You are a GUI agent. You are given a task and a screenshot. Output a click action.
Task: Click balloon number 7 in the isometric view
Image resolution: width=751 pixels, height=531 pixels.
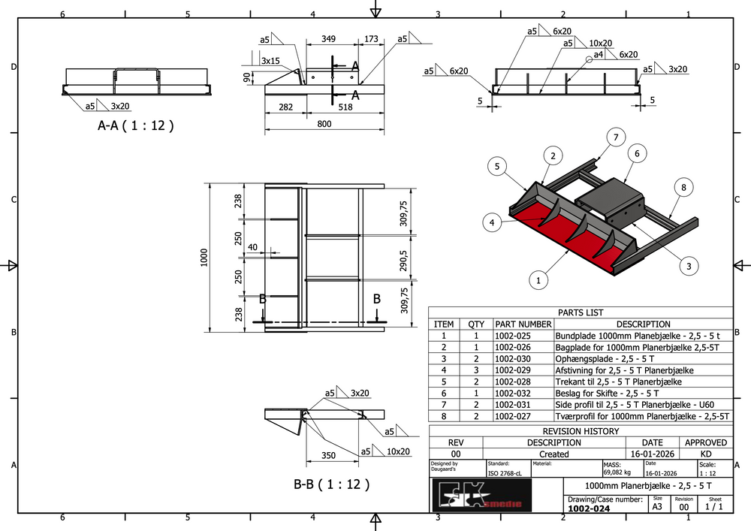[x=615, y=137]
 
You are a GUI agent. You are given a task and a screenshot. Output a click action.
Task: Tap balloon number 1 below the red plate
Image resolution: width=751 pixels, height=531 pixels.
[x=537, y=281]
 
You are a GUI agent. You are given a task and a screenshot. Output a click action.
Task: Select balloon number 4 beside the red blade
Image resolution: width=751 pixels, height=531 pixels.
[x=491, y=222]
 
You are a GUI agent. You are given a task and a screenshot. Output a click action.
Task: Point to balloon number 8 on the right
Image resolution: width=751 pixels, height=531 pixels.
[x=684, y=186]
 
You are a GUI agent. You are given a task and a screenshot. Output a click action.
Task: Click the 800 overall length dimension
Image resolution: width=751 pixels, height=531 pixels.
[x=324, y=124]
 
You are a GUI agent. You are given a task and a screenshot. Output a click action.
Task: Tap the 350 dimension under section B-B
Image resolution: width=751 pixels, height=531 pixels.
[x=327, y=455]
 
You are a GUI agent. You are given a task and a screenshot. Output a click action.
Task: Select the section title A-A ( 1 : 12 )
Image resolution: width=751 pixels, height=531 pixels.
[x=136, y=126]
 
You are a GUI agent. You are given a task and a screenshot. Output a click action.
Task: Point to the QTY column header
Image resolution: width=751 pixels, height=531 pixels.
[x=476, y=324]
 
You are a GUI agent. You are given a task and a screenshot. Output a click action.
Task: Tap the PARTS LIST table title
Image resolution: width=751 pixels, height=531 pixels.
[x=580, y=312]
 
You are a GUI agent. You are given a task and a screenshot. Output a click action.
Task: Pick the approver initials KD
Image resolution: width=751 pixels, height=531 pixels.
[x=706, y=454]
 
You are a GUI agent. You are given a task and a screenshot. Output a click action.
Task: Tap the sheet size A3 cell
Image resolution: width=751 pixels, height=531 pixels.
[x=657, y=507]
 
